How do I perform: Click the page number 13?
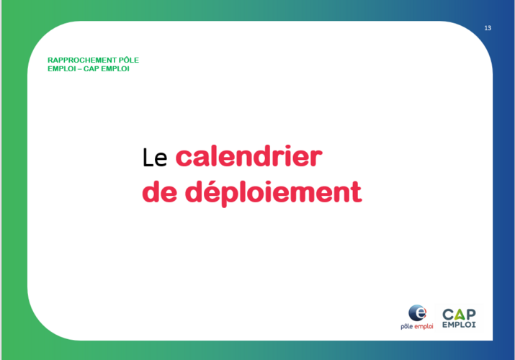pyautogui.click(x=488, y=28)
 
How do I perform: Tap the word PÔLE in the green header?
pyautogui.click(x=129, y=60)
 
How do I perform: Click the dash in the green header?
pyautogui.click(x=80, y=69)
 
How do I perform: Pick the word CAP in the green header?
pyautogui.click(x=91, y=69)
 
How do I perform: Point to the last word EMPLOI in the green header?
pyautogui.click(x=115, y=69)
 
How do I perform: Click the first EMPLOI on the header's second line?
pyautogui.click(x=62, y=69)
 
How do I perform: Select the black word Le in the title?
pyautogui.click(x=155, y=158)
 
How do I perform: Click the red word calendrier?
pyautogui.click(x=249, y=156)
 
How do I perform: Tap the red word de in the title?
pyautogui.click(x=160, y=192)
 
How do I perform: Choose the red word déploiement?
pyautogui.click(x=273, y=194)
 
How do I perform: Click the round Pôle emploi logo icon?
pyautogui.click(x=418, y=312)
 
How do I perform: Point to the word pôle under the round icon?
pyautogui.click(x=407, y=327)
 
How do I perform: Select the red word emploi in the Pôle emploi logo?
pyautogui.click(x=424, y=327)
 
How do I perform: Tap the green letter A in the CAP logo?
pyautogui.click(x=459, y=315)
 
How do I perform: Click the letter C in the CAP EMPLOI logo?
pyautogui.click(x=448, y=315)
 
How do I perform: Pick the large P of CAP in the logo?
pyautogui.click(x=470, y=315)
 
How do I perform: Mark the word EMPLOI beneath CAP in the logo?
pyautogui.click(x=459, y=325)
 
